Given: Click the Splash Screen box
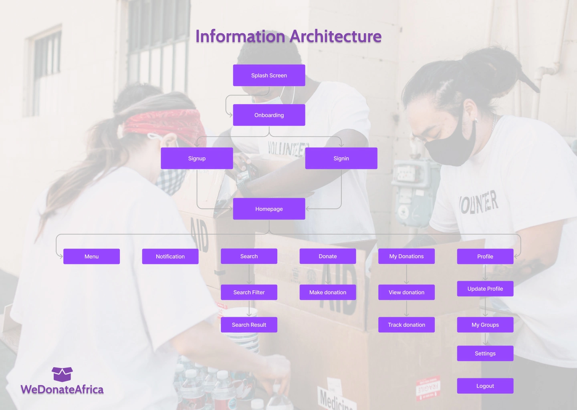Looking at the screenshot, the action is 269,75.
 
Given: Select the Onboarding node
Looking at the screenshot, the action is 269,115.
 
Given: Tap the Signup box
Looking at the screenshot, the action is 197,158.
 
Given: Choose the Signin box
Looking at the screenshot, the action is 341,158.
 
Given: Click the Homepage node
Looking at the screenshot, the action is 269,209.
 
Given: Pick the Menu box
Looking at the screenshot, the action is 91,256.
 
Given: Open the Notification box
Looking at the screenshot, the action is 170,256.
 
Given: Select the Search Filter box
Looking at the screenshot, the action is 249,292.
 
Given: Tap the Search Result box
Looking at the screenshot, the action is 249,325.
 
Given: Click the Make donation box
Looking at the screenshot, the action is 328,292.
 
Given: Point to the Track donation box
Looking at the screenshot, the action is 406,325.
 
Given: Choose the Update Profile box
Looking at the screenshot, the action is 485,289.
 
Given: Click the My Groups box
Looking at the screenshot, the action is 485,325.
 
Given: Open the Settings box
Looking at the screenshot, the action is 485,354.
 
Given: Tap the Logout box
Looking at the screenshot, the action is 485,386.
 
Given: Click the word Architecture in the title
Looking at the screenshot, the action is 335,36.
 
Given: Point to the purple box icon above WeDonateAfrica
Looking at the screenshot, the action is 62,374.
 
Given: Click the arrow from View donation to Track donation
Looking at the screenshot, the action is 406,308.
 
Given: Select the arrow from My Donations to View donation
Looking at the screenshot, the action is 406,274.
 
